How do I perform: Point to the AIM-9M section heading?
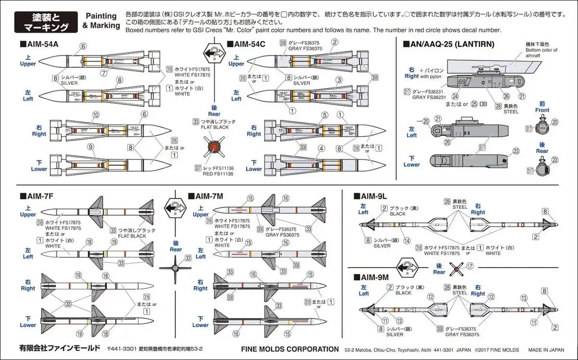(x=374, y=277)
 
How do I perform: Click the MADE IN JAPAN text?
(x=546, y=350)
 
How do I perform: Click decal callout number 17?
(x=470, y=265)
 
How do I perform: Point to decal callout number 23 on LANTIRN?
(x=516, y=151)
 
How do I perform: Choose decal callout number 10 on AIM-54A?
(x=96, y=115)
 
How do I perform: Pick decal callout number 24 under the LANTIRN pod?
(x=455, y=96)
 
